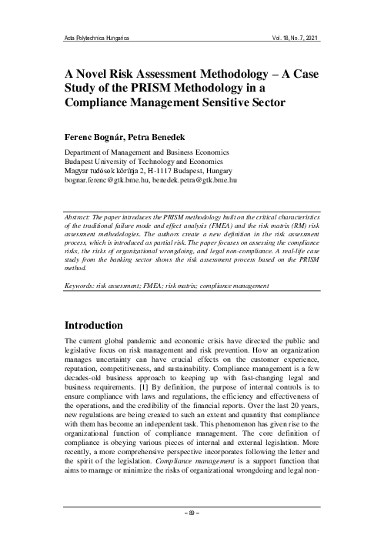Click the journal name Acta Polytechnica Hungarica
[x=95, y=37]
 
